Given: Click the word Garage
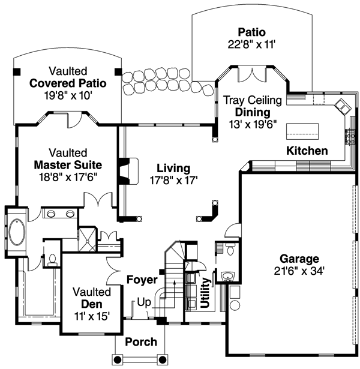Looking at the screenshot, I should (x=298, y=259).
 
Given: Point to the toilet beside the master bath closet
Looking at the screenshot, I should (x=52, y=259).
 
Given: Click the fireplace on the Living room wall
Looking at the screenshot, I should (x=126, y=170).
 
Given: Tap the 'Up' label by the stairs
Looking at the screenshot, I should (x=144, y=302).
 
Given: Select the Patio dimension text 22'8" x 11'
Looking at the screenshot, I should (x=251, y=43).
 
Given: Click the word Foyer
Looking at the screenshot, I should (x=142, y=280).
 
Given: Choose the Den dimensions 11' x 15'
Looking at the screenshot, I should (x=92, y=316).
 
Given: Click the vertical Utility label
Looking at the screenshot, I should (x=206, y=293).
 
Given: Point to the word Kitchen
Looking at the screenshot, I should (x=307, y=151).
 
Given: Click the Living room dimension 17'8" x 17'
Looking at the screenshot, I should (x=173, y=179).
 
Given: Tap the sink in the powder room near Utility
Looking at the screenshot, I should (x=226, y=275).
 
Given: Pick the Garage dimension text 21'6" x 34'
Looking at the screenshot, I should (x=298, y=271).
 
